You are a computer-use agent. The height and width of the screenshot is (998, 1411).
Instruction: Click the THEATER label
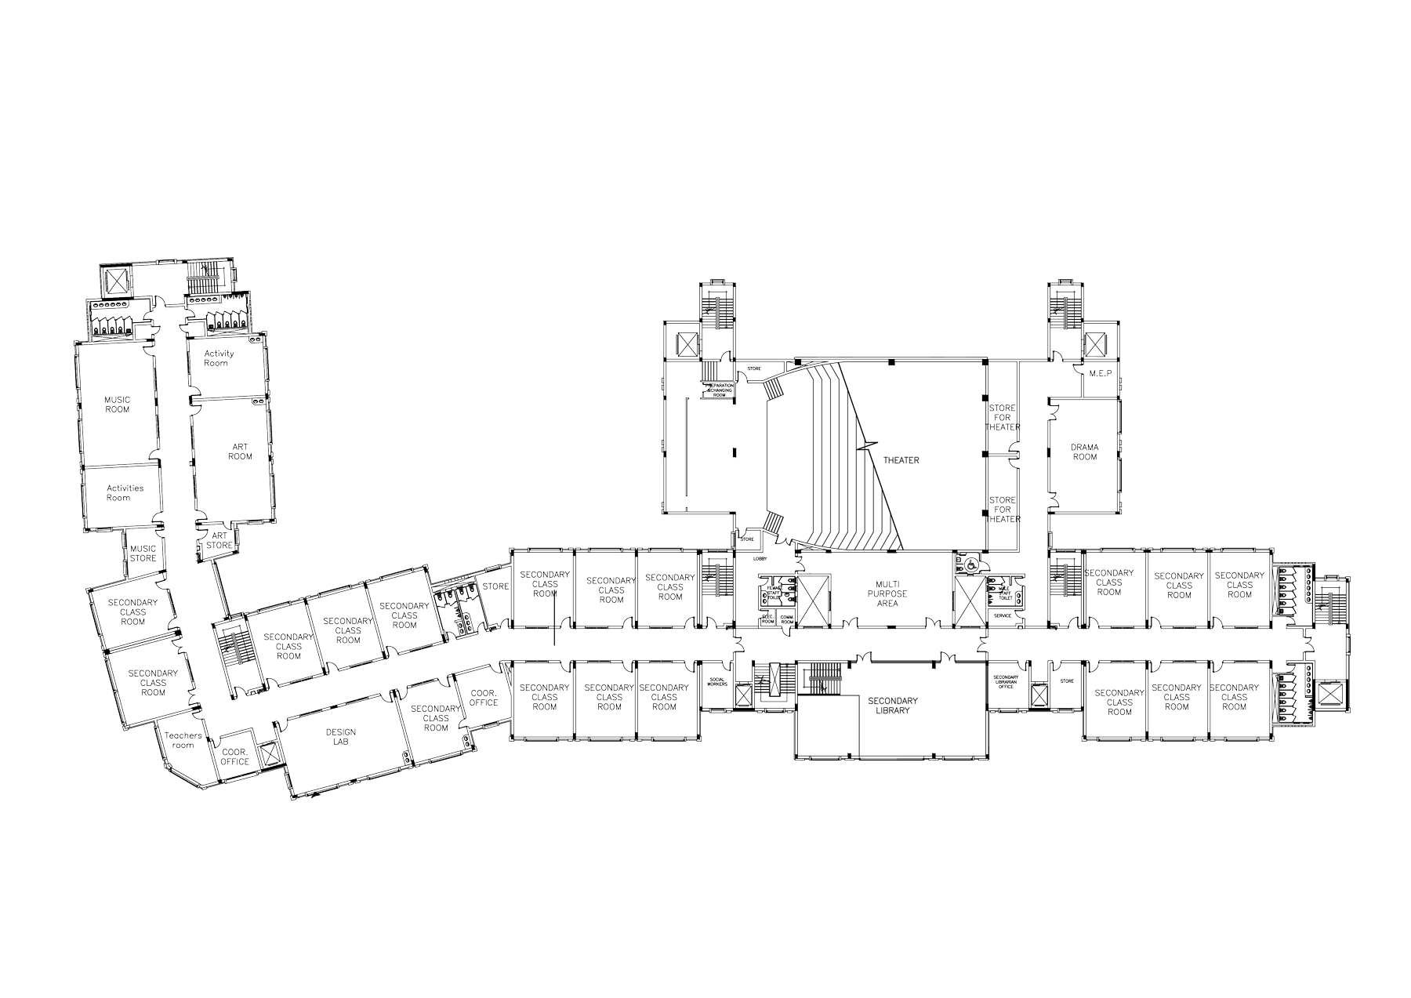coord(901,460)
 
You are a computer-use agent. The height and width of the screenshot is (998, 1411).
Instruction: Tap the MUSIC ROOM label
coord(118,405)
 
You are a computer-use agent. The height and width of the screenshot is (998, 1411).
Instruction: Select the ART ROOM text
coord(240,452)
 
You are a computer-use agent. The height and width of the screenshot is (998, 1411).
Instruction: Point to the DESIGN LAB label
coord(340,737)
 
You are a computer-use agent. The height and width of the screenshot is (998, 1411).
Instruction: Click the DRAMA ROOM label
coord(1085,452)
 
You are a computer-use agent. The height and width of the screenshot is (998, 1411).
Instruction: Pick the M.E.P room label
coord(1101,374)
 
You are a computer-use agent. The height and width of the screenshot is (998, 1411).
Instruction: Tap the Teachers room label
coord(183,740)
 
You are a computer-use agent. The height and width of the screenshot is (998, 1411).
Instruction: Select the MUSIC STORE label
coord(143,553)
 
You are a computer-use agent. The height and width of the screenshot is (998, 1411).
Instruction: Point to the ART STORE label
coord(219,540)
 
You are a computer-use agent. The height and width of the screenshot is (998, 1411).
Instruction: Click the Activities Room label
coord(125,492)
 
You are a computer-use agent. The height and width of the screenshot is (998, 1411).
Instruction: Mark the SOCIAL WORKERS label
coord(717,682)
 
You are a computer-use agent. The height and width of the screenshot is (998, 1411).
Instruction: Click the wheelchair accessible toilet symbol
coord(970,562)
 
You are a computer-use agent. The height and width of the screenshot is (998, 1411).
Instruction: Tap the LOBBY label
coord(760,559)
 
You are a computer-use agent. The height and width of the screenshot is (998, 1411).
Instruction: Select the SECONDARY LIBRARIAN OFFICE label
coord(1006,681)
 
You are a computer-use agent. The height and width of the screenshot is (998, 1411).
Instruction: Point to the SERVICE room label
coord(1003,615)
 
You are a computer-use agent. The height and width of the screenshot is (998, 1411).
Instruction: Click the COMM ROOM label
coord(787,619)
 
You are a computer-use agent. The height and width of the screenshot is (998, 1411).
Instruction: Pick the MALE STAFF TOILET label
coord(1005,594)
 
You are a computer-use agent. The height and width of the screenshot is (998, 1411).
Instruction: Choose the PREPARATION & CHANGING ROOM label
coord(719,390)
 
